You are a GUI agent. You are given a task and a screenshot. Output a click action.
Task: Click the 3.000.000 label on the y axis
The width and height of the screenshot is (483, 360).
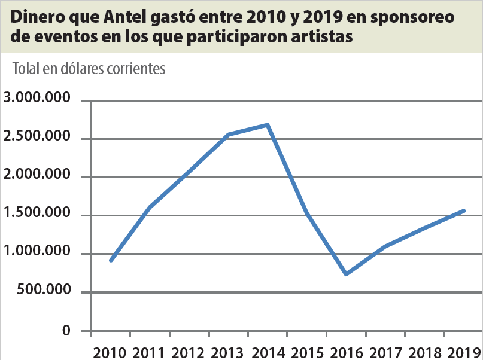(x=37, y=99)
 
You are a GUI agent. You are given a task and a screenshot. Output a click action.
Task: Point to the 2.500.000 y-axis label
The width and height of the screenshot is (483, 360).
(x=37, y=138)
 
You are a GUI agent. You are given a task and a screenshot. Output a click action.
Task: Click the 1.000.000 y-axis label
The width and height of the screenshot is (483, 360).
(x=37, y=253)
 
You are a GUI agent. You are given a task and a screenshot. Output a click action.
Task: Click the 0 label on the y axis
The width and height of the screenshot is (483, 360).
(x=68, y=330)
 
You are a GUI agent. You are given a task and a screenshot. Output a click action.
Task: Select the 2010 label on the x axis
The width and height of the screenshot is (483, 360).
(x=110, y=352)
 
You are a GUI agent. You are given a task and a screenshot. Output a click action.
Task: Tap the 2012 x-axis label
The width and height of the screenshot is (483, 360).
(x=189, y=352)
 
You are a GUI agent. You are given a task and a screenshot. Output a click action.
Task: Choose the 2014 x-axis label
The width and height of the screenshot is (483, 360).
(x=268, y=352)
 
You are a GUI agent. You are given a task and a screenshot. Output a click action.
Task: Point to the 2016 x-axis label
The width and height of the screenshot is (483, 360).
(x=346, y=352)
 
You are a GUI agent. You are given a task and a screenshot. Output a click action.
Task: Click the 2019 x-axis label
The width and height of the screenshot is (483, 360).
(x=463, y=352)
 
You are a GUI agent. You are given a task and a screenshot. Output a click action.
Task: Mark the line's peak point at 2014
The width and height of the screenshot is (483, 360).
(x=268, y=125)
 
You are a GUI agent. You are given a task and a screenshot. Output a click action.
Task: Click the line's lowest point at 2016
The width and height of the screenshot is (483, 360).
(x=346, y=274)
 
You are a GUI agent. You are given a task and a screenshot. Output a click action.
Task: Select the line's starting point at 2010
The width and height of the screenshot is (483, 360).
(x=111, y=260)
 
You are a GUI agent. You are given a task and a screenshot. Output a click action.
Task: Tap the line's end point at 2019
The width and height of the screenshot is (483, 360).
(x=464, y=210)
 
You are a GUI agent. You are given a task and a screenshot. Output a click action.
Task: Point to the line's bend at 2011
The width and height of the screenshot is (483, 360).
(x=149, y=207)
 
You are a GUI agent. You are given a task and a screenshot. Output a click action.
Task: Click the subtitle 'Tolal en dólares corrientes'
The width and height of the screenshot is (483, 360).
(x=89, y=69)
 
